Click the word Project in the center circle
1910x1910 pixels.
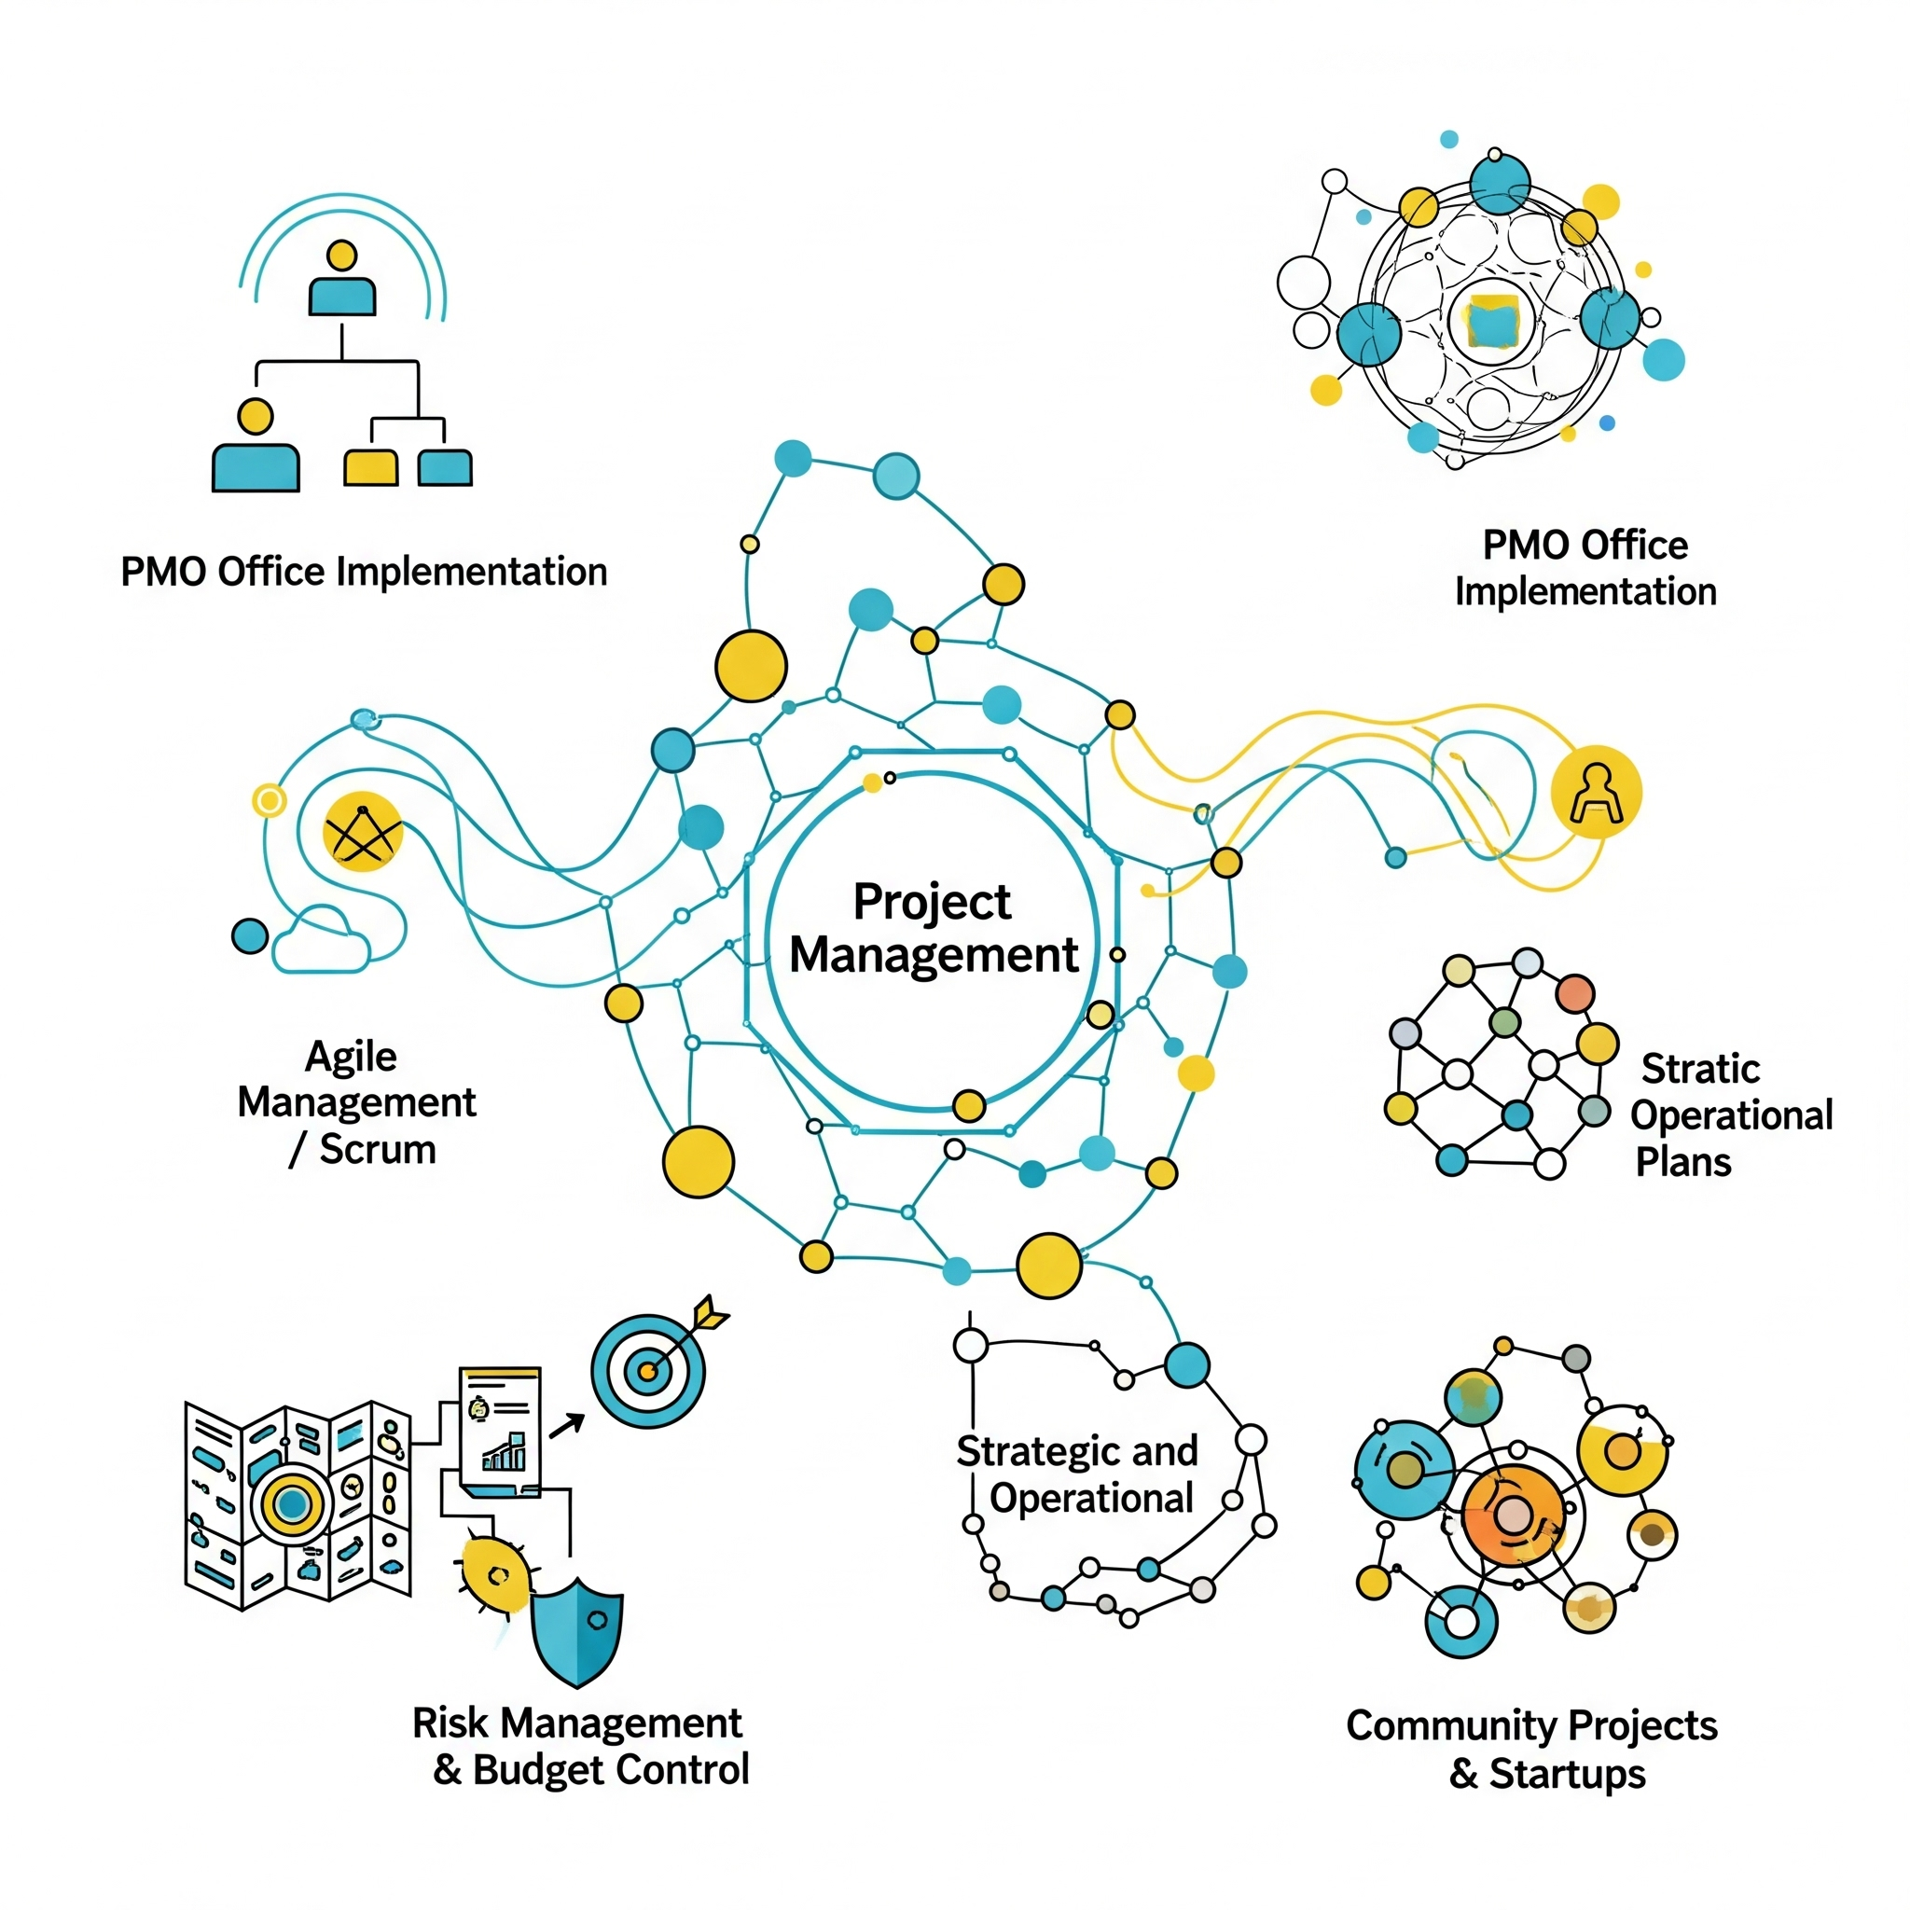932,903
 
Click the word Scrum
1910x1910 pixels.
377,1150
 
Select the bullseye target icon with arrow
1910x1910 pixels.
648,1370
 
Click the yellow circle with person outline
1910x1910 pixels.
1596,793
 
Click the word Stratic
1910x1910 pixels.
1700,1069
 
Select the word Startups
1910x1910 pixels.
1567,1774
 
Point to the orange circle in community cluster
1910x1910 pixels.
1513,1515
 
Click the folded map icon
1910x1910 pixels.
297,1503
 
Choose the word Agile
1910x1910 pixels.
351,1056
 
